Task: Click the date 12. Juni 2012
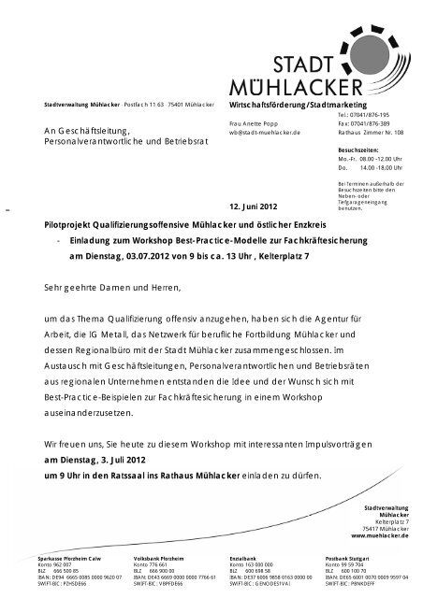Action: tap(253, 206)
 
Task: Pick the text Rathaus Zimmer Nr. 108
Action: tap(372, 133)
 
